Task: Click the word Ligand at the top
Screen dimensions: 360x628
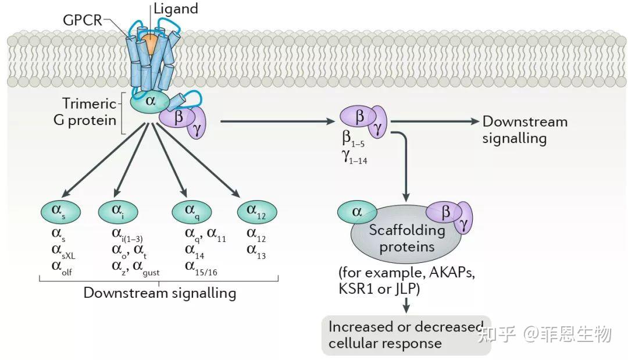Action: (x=176, y=9)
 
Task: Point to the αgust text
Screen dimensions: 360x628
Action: (x=146, y=266)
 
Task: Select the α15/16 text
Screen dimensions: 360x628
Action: (x=204, y=266)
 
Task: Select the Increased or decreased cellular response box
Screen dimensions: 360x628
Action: (x=406, y=335)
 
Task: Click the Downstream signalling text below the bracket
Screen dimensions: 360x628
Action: (x=159, y=292)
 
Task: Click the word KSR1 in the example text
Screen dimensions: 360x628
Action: (x=355, y=288)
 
